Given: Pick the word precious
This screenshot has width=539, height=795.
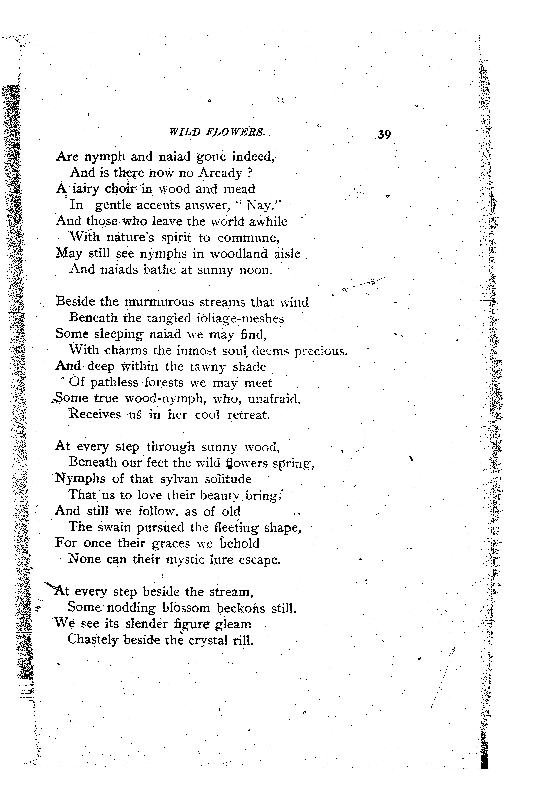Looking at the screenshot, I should click(321, 351).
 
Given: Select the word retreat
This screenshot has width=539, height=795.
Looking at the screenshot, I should click(248, 415).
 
